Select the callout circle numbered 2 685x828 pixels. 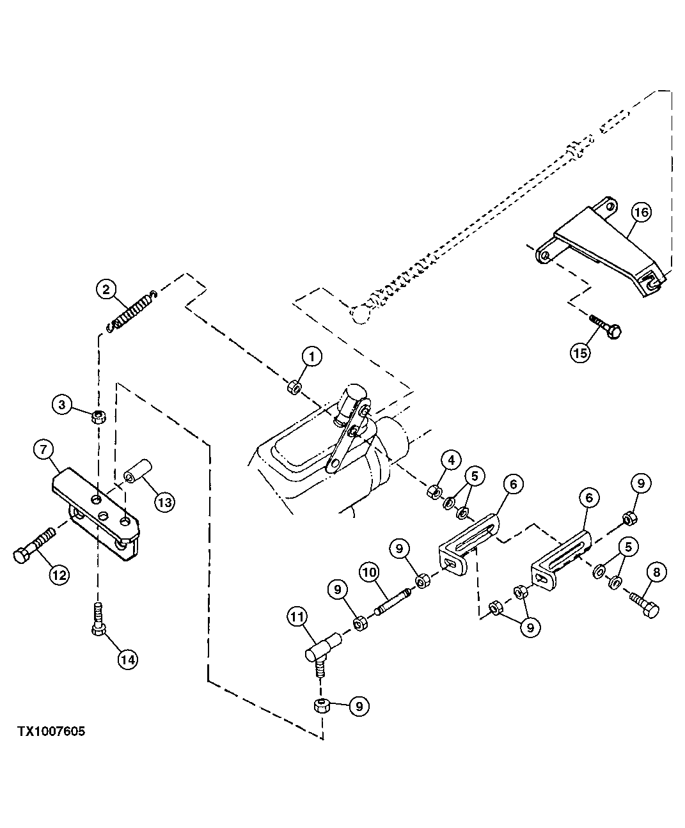(x=106, y=290)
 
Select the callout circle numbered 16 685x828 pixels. (x=642, y=212)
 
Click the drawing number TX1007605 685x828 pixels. (x=51, y=731)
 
